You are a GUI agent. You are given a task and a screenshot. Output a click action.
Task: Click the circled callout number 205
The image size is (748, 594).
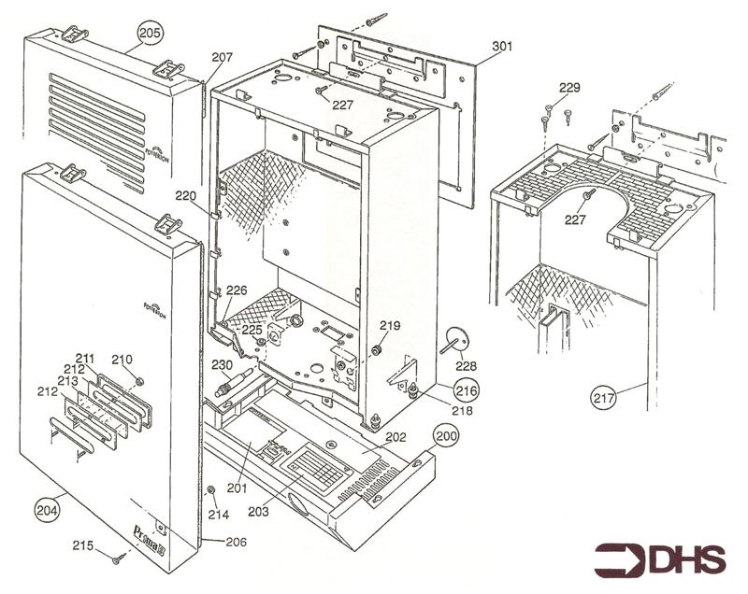point(150,33)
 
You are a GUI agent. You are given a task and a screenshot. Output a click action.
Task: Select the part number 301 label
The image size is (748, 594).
point(502,46)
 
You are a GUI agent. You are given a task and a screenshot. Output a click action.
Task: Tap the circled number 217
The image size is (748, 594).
point(603,397)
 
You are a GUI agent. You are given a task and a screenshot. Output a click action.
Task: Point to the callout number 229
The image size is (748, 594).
point(569,88)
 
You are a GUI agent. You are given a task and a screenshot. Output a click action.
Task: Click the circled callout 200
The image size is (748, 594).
point(446,436)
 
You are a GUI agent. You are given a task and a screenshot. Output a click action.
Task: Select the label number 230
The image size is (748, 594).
point(222,365)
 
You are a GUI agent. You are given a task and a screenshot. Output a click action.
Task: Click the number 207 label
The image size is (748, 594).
point(222,58)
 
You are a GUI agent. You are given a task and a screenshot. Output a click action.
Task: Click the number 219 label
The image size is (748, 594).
point(390,326)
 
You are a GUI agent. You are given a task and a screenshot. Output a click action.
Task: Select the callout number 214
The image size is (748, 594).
point(218,514)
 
